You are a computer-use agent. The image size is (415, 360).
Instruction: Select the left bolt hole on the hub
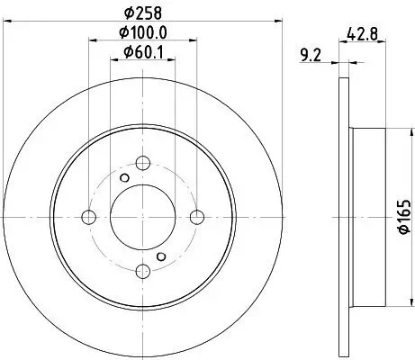(x=88, y=217)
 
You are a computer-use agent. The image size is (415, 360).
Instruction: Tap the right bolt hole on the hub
(x=197, y=217)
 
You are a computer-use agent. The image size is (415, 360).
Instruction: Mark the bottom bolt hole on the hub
(x=142, y=271)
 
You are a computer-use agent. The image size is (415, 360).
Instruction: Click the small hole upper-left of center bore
(x=125, y=178)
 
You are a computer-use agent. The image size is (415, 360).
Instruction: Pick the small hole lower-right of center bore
(x=161, y=256)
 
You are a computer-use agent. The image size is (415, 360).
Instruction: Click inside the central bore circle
(x=142, y=217)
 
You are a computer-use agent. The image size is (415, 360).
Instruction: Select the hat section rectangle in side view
(x=366, y=217)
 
